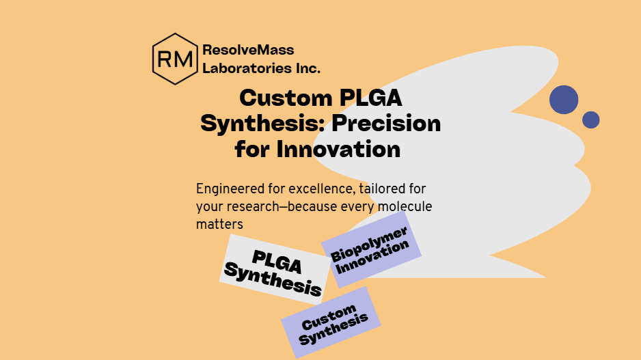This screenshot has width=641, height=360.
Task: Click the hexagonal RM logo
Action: pyautogui.click(x=175, y=59)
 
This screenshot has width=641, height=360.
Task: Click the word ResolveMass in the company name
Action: pyautogui.click(x=248, y=50)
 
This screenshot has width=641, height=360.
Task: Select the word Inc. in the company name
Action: pyautogui.click(x=308, y=68)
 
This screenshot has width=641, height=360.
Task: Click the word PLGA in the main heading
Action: pyautogui.click(x=370, y=98)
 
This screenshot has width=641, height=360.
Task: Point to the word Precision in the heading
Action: pyautogui.click(x=386, y=124)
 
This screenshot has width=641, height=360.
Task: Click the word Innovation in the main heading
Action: pyautogui.click(x=338, y=149)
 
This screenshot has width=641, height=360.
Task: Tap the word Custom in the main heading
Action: pyautogui.click(x=286, y=98)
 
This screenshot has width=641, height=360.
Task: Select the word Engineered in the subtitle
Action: pyautogui.click(x=230, y=189)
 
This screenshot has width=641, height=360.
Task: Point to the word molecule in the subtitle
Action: pyautogui.click(x=405, y=206)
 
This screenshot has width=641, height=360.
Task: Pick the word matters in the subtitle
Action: pyautogui.click(x=219, y=224)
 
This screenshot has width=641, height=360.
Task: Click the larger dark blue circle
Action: pyautogui.click(x=564, y=100)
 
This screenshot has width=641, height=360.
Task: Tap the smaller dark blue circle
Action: pyautogui.click(x=590, y=120)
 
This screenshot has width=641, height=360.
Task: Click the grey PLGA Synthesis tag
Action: pyautogui.click(x=275, y=270)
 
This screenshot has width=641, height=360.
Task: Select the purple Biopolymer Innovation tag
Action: pyautogui.click(x=371, y=249)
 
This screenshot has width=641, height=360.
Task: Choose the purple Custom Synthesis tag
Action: pyautogui.click(x=331, y=323)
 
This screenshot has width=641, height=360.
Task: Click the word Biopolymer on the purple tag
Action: pyautogui.click(x=369, y=245)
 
